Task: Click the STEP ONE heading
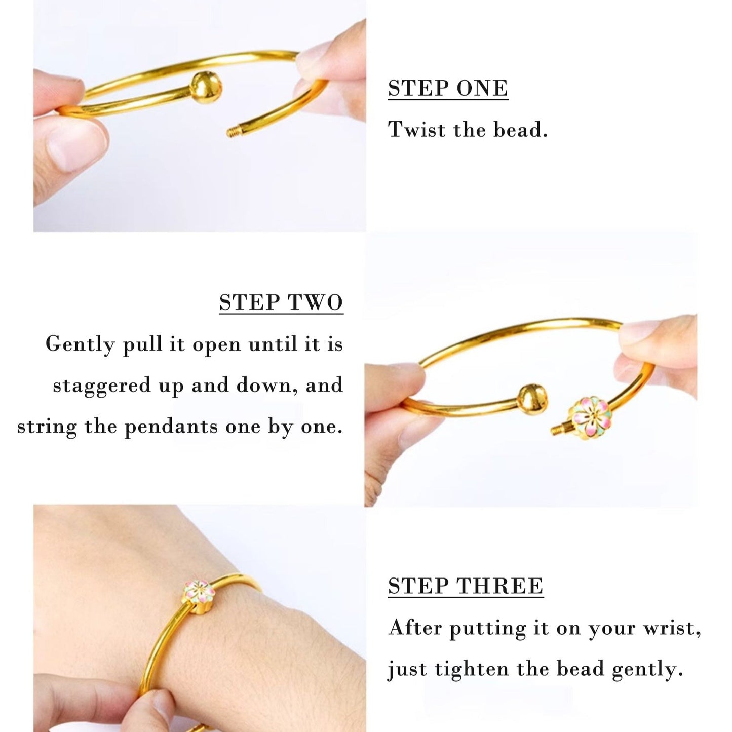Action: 448,88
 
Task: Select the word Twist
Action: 416,130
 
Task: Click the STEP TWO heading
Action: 281,302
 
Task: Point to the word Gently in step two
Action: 80,344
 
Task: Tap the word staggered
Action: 102,386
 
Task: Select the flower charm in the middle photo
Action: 587,416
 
